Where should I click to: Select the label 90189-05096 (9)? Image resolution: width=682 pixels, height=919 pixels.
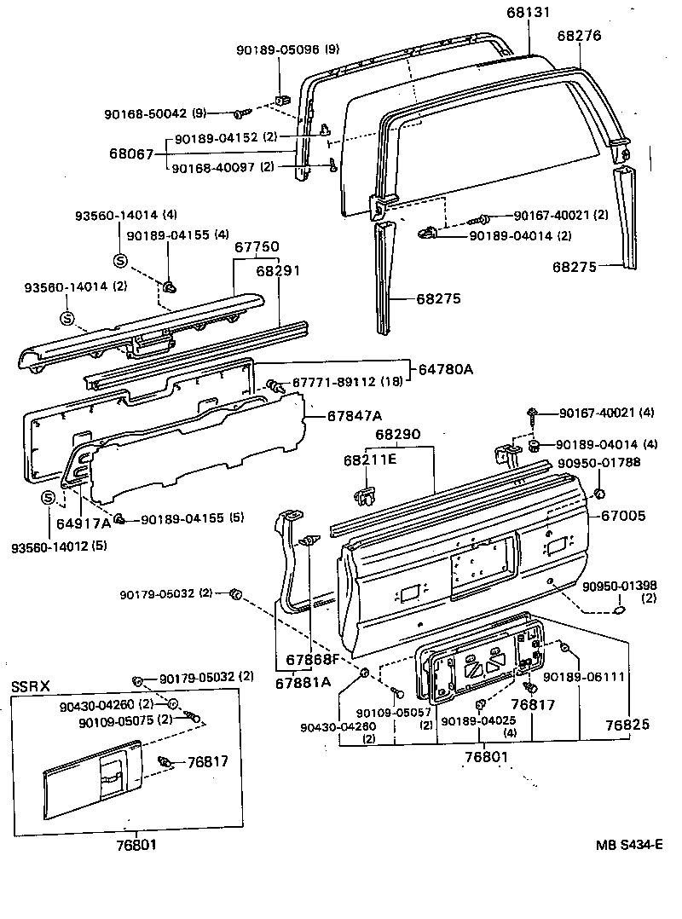[x=289, y=50]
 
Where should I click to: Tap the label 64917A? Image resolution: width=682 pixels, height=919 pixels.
[x=84, y=522]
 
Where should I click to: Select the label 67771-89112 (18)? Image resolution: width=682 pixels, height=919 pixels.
[x=342, y=381]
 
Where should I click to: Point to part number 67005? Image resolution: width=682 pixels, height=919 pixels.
[x=623, y=516]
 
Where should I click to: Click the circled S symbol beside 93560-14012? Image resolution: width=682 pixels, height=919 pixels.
[x=48, y=498]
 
